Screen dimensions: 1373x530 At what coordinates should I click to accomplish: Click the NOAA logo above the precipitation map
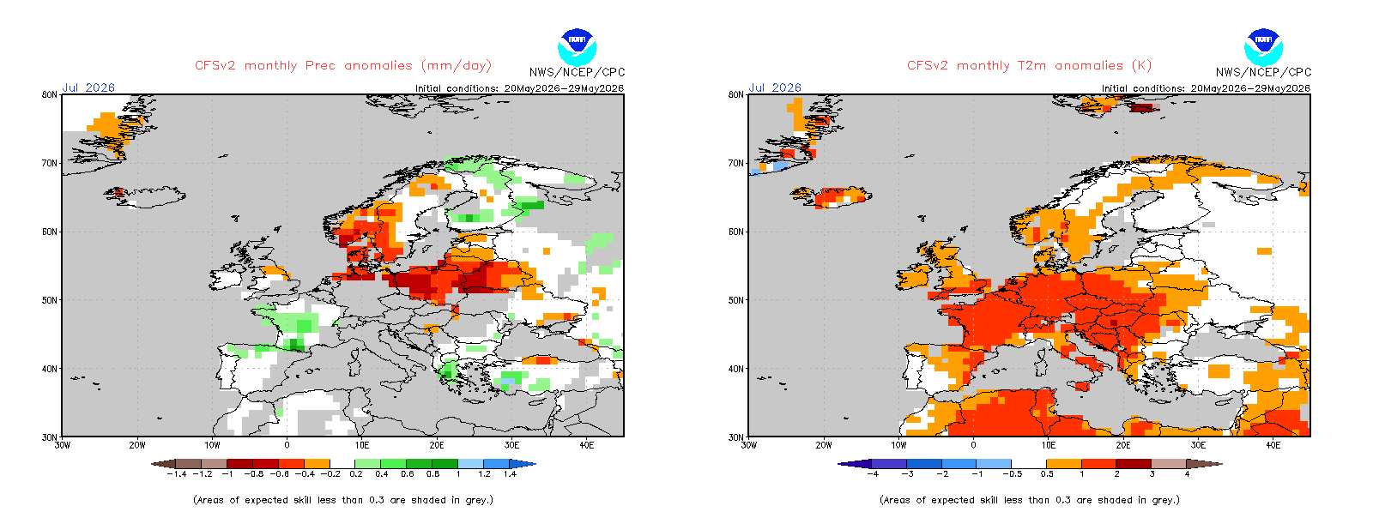(x=577, y=47)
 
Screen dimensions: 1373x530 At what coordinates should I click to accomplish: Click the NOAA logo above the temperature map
(x=1263, y=47)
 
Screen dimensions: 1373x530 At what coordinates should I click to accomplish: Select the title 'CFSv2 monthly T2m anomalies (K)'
(x=1029, y=65)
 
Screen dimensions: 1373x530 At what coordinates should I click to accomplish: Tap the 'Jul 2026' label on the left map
(x=88, y=87)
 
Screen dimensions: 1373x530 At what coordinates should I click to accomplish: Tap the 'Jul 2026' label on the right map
(x=775, y=87)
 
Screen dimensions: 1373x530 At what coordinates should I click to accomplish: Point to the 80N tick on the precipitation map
(x=50, y=94)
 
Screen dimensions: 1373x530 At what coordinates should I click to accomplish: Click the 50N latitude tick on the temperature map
(x=736, y=300)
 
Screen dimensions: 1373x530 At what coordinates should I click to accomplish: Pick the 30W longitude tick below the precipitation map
(x=63, y=445)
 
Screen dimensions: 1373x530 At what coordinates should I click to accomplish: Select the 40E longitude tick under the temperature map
(x=1273, y=445)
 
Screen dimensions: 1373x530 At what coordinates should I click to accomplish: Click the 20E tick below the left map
(x=437, y=445)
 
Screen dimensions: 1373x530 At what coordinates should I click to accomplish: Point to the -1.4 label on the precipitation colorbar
(x=177, y=473)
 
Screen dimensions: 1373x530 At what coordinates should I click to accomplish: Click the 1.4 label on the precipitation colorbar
(x=510, y=473)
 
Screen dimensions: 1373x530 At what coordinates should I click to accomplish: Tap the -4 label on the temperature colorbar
(x=873, y=473)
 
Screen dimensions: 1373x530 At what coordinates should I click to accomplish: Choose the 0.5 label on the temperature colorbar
(x=1047, y=473)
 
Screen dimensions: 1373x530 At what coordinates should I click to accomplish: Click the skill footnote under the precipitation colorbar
(x=343, y=500)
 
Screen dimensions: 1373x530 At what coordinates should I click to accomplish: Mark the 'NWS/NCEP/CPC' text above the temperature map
(x=1264, y=72)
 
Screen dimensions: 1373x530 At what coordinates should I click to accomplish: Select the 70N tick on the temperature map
(x=736, y=163)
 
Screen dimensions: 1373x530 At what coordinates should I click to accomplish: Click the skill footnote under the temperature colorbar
(x=1030, y=500)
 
